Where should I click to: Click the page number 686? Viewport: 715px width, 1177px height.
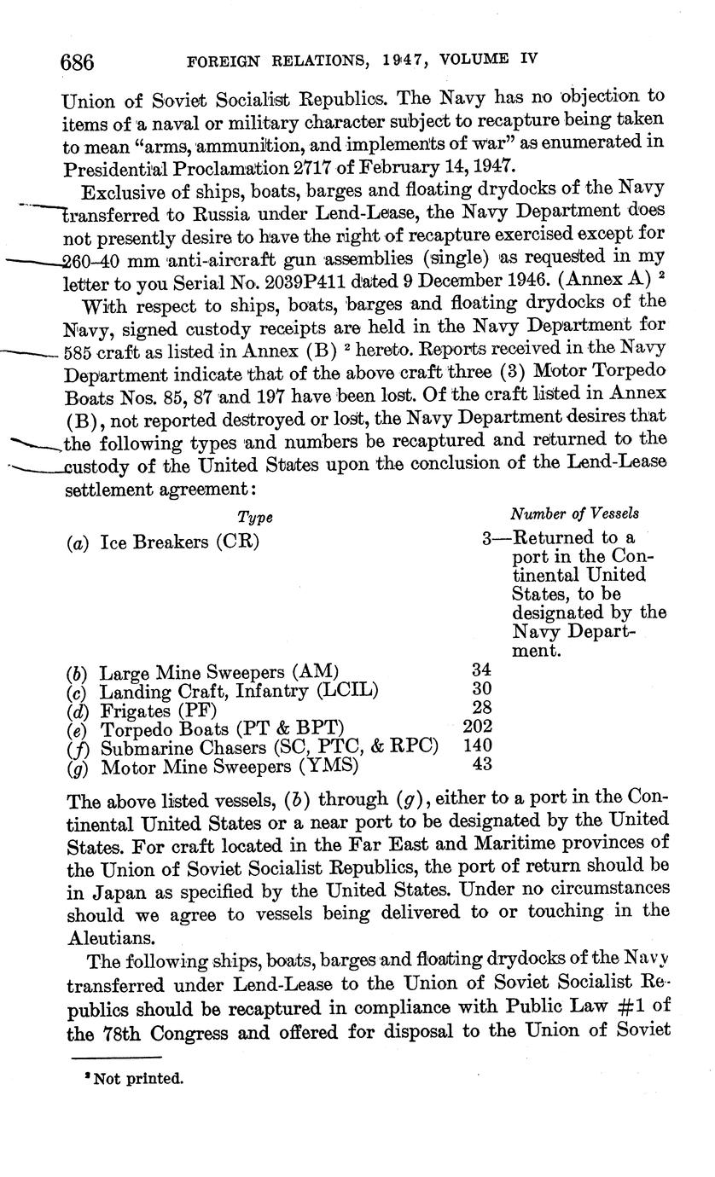tap(77, 61)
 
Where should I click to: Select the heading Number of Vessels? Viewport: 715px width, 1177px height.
tap(574, 513)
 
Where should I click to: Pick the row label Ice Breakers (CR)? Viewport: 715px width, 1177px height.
tap(179, 542)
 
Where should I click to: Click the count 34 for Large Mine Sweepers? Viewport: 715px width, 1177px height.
tap(482, 671)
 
